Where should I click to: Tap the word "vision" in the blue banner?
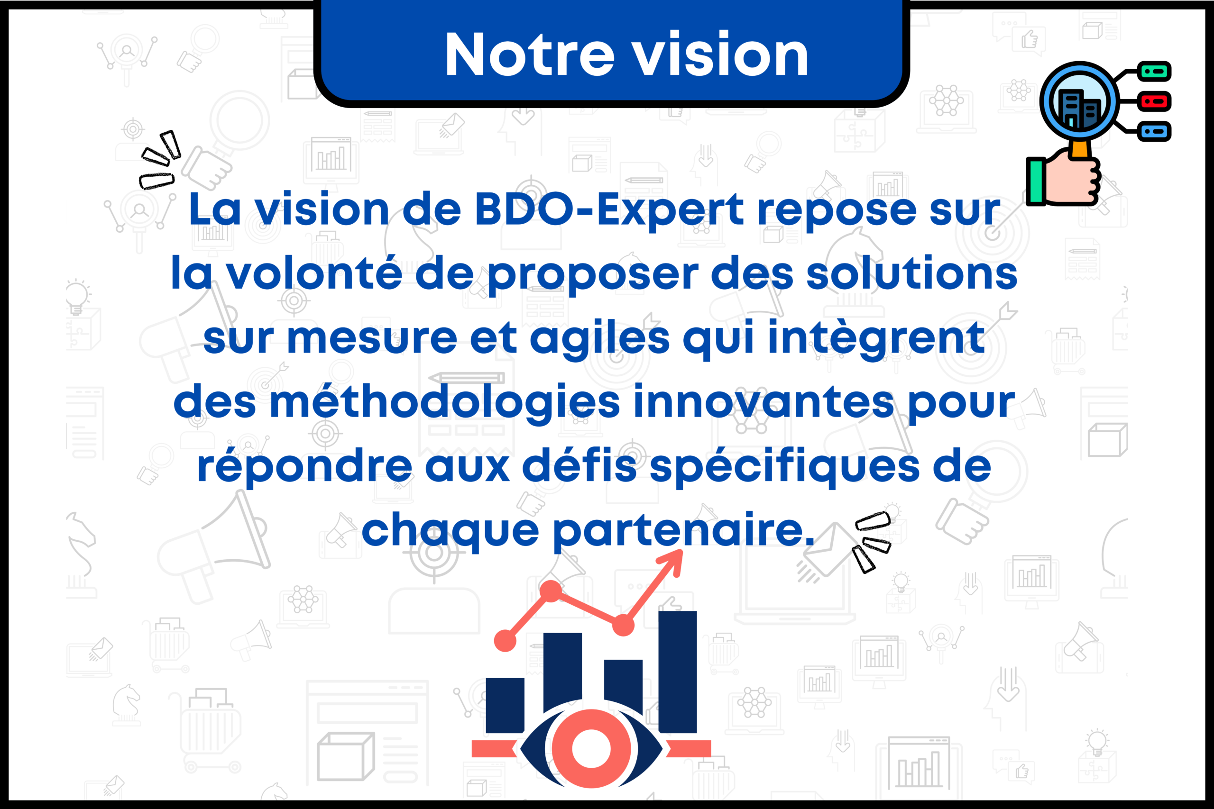pyautogui.click(x=720, y=54)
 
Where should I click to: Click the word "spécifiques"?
pyautogui.click(x=784, y=467)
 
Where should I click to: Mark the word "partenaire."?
pyautogui.click(x=683, y=531)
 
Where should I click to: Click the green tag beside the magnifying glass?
pyautogui.click(x=1154, y=71)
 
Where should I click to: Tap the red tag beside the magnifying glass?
pyautogui.click(x=1154, y=101)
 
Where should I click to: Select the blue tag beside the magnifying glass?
pyautogui.click(x=1154, y=131)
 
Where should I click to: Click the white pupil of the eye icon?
pyautogui.click(x=591, y=748)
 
